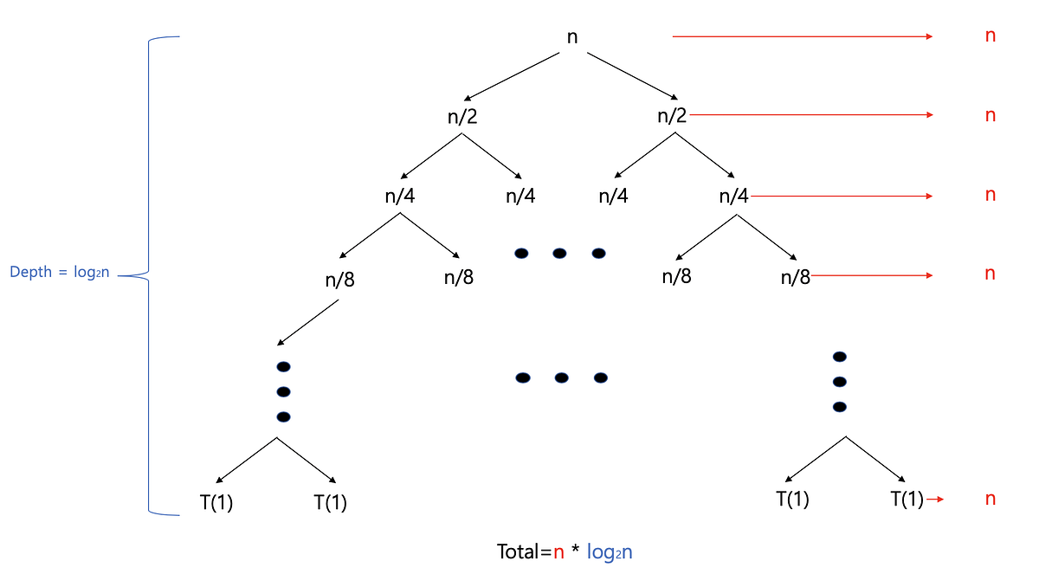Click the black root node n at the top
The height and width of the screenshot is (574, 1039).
click(571, 37)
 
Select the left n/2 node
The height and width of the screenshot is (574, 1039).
click(462, 117)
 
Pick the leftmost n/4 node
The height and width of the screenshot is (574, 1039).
click(400, 197)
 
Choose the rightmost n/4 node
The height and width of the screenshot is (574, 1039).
click(733, 197)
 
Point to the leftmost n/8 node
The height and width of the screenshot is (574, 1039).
click(339, 279)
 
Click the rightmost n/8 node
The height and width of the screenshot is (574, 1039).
click(796, 277)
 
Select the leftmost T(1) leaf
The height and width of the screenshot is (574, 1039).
click(216, 502)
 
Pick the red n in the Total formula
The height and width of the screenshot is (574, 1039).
click(559, 551)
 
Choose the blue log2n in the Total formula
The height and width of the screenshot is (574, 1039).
click(610, 551)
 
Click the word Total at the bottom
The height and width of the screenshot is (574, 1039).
click(522, 551)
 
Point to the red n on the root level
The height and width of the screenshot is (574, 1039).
click(991, 36)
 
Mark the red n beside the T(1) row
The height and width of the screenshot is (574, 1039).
click(991, 499)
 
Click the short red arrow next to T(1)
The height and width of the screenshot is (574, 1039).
click(934, 499)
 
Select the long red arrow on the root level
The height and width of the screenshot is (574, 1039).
click(802, 36)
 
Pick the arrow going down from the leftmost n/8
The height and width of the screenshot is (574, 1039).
click(307, 323)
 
